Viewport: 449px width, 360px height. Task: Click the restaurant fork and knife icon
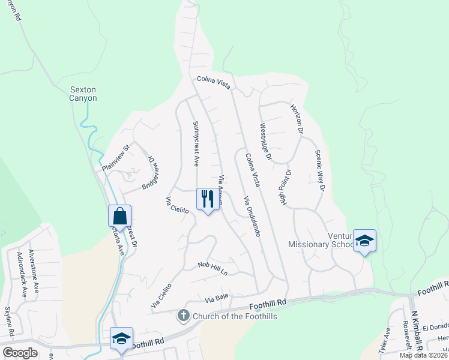207,199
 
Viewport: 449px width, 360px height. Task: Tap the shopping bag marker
119,215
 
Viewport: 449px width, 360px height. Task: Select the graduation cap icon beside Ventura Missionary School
364,240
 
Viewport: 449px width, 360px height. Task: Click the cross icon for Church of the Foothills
184,314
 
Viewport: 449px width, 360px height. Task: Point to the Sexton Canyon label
83,94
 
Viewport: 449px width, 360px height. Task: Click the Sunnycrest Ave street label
196,143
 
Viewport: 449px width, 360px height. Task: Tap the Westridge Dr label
265,142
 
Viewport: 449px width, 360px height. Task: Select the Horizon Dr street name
297,118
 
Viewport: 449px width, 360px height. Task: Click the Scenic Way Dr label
319,170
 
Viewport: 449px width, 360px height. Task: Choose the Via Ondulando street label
252,215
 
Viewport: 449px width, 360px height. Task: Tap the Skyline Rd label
10,321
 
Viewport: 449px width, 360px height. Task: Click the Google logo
20,353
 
